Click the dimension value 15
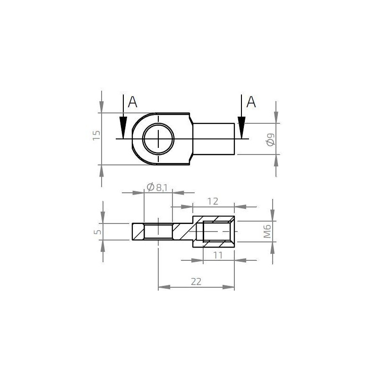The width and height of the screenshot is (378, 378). click(97, 136)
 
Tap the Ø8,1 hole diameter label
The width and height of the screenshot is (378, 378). click(157, 188)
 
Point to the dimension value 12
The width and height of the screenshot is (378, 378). click(213, 201)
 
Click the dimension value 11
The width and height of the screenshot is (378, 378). click(218, 255)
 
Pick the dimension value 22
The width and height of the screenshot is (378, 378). click(196, 282)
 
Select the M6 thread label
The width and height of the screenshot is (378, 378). click(267, 232)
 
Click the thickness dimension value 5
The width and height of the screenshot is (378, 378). click(97, 232)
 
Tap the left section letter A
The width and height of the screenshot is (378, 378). click(133, 102)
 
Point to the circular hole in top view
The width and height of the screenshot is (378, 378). click(158, 139)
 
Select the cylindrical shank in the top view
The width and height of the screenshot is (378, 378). click(214, 139)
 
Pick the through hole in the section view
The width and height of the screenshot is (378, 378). click(158, 232)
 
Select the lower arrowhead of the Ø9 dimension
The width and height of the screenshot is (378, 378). click(276, 160)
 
